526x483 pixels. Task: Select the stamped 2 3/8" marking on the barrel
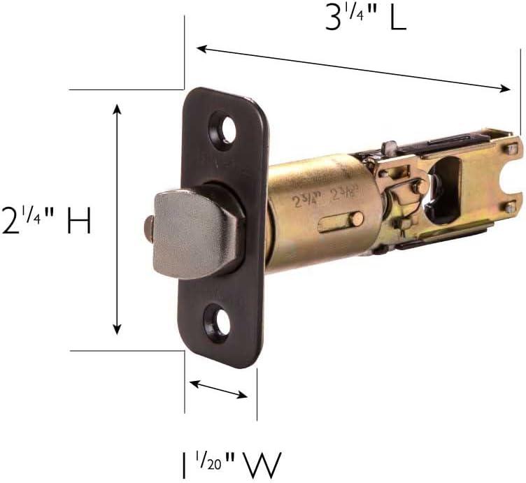(x=345, y=194)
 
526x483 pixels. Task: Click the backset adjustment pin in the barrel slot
(x=356, y=219)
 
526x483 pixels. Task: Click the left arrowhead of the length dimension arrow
(x=200, y=48)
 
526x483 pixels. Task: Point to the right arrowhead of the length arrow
(x=507, y=87)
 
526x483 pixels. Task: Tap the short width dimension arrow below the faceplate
(x=219, y=389)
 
